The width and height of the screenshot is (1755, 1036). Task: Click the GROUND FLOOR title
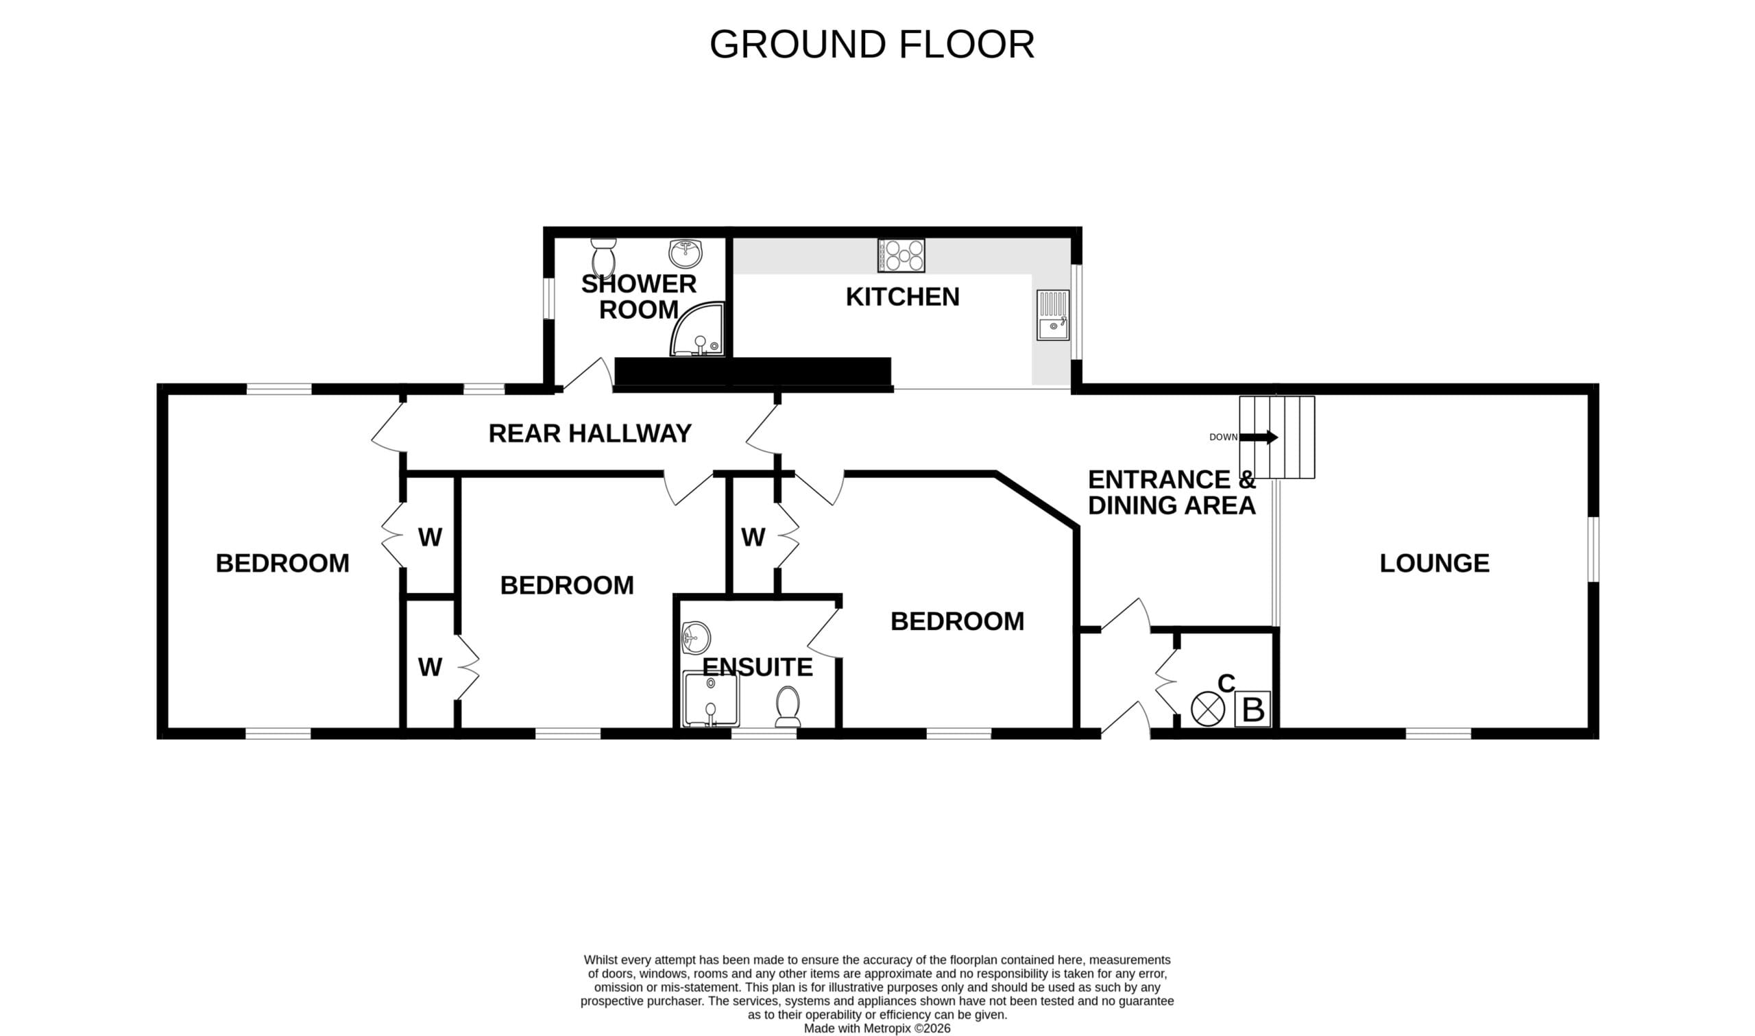[871, 45]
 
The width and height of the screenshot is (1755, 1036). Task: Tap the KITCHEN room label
[902, 297]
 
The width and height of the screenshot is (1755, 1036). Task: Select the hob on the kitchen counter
[901, 256]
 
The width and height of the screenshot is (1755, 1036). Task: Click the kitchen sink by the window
[1052, 315]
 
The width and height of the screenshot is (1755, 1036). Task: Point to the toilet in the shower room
[603, 258]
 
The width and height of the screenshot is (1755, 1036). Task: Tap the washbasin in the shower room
[686, 254]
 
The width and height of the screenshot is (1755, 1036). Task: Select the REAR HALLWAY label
[590, 433]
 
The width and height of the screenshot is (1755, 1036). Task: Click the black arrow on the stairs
[1259, 437]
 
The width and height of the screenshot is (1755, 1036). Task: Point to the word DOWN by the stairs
[1223, 437]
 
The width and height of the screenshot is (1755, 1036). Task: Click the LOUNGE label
[1434, 564]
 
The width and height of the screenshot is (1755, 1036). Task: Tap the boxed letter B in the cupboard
[1252, 709]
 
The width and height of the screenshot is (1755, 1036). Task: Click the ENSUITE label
[757, 667]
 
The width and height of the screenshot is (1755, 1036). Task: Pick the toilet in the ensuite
[788, 706]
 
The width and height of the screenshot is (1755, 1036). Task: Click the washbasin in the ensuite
[696, 638]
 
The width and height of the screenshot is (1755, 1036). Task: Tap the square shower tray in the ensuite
[710, 699]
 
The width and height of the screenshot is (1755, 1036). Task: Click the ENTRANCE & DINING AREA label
[1172, 492]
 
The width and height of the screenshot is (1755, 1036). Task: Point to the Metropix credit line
[877, 1028]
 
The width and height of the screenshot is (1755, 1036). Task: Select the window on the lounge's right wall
[1593, 549]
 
